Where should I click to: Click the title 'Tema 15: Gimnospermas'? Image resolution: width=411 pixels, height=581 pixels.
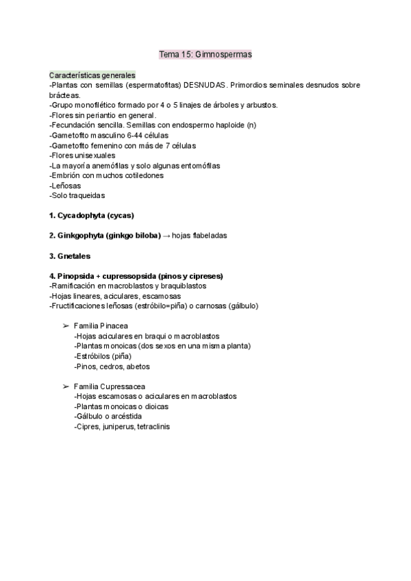[205, 54]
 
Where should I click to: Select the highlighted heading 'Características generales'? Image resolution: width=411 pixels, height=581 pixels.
[92, 75]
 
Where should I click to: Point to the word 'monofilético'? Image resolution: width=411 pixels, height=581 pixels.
[99, 106]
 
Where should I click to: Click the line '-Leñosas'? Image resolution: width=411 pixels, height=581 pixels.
[64, 186]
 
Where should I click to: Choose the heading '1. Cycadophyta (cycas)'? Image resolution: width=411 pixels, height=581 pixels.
[92, 215]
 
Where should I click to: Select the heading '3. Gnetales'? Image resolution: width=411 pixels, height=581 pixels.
[71, 256]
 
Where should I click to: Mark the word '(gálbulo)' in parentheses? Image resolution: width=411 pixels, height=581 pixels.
[243, 306]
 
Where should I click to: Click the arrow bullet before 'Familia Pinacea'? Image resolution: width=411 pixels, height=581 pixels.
[66, 326]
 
